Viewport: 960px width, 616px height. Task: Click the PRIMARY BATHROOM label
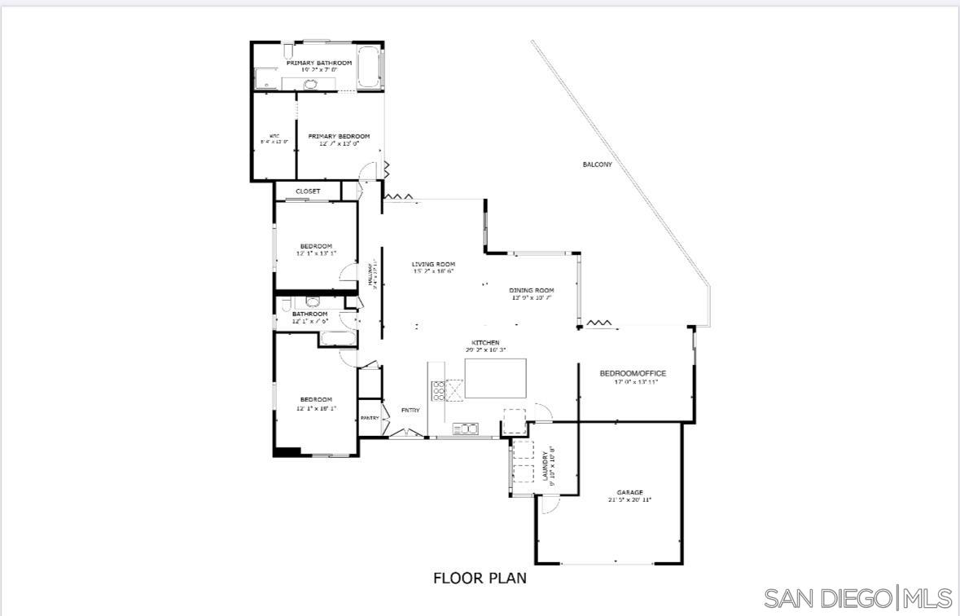(x=318, y=63)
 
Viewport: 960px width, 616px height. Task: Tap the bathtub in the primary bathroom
(x=368, y=68)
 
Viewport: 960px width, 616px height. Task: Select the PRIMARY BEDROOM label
(x=339, y=136)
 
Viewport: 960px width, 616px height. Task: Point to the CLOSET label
(x=308, y=191)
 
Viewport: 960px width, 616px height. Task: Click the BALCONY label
(x=597, y=165)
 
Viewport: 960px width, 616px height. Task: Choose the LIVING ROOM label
(x=433, y=264)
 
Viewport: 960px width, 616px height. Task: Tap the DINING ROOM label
(x=532, y=290)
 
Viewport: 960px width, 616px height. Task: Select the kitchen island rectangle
(x=495, y=378)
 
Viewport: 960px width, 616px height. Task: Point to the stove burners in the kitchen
(x=438, y=391)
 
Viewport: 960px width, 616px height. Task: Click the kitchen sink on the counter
(x=465, y=427)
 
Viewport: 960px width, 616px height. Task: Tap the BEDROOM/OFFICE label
(x=633, y=373)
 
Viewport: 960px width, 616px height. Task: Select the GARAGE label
(x=629, y=492)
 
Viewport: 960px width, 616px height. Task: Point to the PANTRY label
(x=370, y=418)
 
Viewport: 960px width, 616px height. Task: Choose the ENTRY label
(x=410, y=410)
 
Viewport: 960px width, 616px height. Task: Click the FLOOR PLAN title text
(x=480, y=579)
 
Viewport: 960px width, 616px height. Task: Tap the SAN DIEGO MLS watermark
(x=858, y=599)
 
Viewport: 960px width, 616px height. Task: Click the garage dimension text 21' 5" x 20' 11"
(x=629, y=499)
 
